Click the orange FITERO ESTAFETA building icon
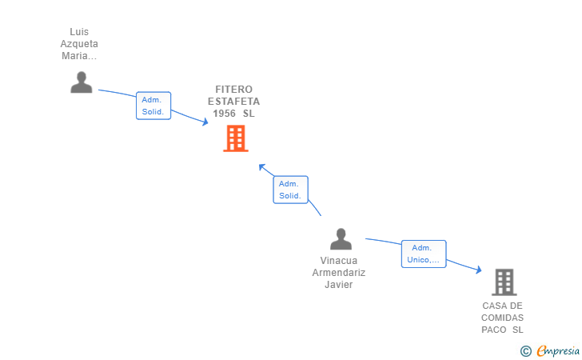tap(235, 138)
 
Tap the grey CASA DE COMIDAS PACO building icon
tap(504, 282)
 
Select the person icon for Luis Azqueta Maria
tap(81, 82)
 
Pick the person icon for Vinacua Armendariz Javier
tap(341, 238)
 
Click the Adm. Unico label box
tap(423, 254)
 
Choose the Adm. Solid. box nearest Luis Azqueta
tap(153, 106)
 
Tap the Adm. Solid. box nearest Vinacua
tap(289, 190)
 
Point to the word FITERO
tap(233, 90)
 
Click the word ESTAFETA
tap(233, 102)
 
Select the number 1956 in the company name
tap(224, 114)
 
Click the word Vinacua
tap(339, 261)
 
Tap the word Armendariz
tap(339, 273)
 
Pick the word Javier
tap(339, 285)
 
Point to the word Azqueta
tap(79, 44)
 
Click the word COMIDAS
tap(503, 318)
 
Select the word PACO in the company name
tap(494, 330)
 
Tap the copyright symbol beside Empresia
tap(525, 350)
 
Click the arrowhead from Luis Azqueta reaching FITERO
tap(204, 122)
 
